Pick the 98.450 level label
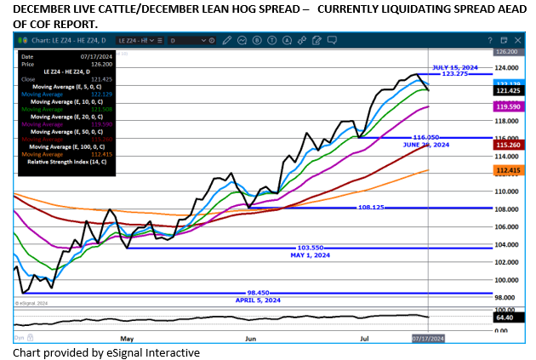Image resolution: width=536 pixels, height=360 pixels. coord(258,292)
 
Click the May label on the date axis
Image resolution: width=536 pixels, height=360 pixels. coord(128,338)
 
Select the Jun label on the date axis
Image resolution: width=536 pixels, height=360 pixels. coord(251,338)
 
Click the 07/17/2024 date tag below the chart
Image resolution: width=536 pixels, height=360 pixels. coord(426,338)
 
